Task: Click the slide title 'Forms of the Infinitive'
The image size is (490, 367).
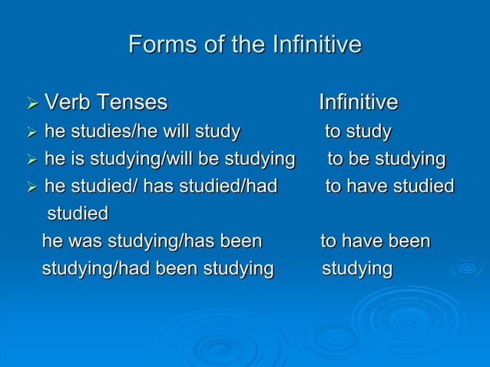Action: pos(244,45)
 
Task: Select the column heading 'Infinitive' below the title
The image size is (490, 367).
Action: pos(358,103)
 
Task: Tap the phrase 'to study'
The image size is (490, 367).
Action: pos(357,132)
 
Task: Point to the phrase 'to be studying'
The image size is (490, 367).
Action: pos(386,160)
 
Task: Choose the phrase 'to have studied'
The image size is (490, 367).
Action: pos(389,187)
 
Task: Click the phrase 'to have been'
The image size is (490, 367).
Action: pos(375,242)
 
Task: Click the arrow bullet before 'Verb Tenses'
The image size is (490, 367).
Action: pos(31,104)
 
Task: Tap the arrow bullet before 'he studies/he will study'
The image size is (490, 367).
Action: pos(31,133)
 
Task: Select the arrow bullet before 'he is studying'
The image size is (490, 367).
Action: pos(31,160)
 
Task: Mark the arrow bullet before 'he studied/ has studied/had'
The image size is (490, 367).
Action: pos(31,187)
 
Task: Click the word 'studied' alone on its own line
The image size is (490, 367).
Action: pos(78,213)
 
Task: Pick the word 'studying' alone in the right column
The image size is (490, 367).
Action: pos(357,269)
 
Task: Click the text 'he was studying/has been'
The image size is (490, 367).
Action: pos(152,242)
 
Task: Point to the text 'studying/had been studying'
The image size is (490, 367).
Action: pos(157,269)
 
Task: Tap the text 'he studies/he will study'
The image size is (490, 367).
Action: pos(142,132)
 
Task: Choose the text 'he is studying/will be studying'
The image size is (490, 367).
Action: pos(170,160)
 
